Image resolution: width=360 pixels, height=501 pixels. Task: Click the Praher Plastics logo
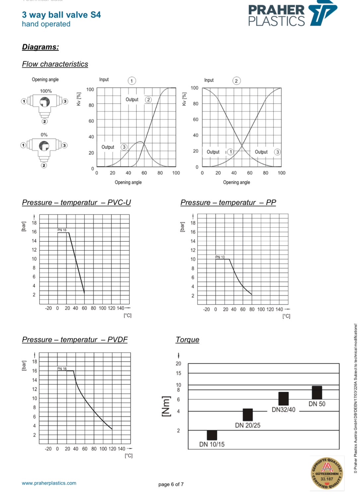[x=292, y=15]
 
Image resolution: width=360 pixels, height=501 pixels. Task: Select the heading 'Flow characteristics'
[x=55, y=64]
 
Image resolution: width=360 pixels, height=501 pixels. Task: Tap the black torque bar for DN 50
[x=317, y=392]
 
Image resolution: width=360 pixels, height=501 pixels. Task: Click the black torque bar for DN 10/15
[x=212, y=435]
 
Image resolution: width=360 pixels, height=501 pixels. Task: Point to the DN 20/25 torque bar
[x=248, y=415]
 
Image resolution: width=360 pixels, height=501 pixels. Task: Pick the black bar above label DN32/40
[x=283, y=398]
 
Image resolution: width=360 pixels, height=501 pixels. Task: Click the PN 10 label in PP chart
[x=220, y=257]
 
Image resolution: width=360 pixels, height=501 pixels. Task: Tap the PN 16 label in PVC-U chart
[x=62, y=230]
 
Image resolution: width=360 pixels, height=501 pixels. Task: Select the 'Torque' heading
[x=187, y=340]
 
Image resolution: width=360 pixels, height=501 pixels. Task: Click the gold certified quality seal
[x=327, y=473]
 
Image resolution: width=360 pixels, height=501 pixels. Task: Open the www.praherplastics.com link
[x=49, y=483]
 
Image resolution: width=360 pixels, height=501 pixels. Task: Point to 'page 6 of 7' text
[x=171, y=484]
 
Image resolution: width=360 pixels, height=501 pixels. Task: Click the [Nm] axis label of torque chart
[x=166, y=406]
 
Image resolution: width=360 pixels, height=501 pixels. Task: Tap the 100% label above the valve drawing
[x=46, y=91]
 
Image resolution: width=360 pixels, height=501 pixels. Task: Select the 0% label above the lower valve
[x=44, y=135]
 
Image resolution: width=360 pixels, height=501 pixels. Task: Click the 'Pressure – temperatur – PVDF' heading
[x=75, y=340]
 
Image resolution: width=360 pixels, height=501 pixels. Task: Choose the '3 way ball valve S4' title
[x=61, y=15]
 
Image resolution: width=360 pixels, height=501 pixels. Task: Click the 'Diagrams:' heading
[x=40, y=47]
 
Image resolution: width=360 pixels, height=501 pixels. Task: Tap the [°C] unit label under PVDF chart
[x=128, y=456]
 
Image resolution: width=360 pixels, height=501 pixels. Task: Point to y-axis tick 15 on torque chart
[x=179, y=373]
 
